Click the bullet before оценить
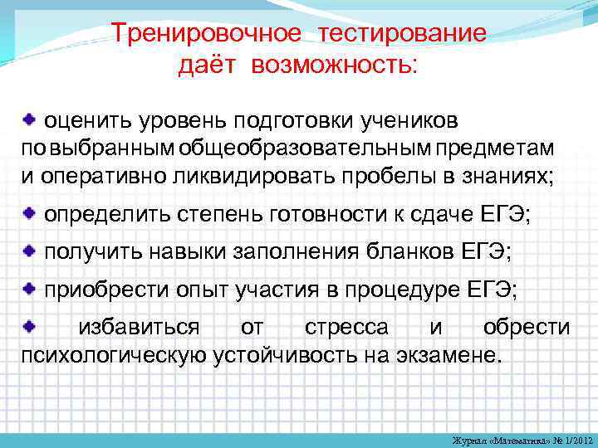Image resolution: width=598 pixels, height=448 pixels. tap(29, 120)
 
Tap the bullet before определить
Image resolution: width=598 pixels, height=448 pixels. tap(29, 213)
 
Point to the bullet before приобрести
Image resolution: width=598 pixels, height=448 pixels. tap(29, 288)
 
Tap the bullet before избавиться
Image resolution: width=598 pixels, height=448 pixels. tap(29, 325)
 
